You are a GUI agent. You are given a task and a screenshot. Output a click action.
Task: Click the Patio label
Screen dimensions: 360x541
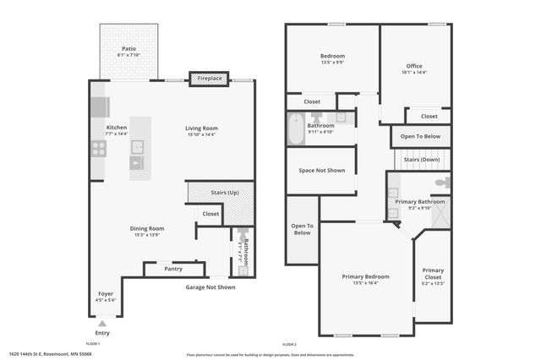point(128,49)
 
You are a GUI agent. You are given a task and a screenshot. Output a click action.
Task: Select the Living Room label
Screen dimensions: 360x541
point(201,128)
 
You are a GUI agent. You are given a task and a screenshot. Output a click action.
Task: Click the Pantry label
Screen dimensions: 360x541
point(172,269)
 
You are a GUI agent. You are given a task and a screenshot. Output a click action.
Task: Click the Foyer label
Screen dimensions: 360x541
point(105,294)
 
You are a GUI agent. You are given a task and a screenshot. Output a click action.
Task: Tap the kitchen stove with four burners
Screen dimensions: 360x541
point(98,150)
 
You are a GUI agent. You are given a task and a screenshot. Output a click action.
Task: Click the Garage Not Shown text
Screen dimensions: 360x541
point(210,287)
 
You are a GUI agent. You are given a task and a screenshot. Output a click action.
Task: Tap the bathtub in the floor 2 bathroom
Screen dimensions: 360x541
point(296,130)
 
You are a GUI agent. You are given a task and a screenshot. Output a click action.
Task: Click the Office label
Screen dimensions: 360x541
point(414,66)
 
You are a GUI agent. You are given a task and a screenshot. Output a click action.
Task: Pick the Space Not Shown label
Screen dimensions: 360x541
point(322,171)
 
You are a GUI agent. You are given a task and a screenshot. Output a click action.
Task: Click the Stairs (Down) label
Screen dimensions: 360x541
point(421,160)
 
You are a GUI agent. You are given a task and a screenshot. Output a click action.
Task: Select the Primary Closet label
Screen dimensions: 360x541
point(434,274)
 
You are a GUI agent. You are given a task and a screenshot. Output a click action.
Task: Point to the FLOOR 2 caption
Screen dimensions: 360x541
point(289,345)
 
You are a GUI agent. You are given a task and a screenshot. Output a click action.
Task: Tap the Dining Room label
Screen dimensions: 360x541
point(147,228)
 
